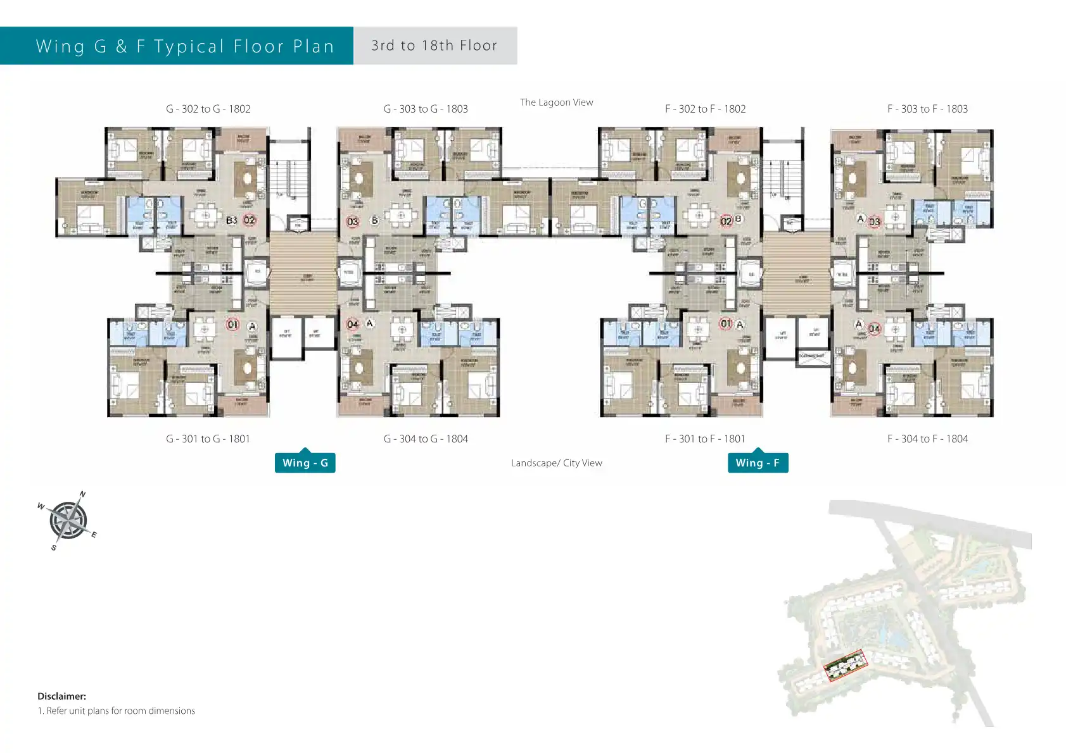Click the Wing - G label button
coord(305,463)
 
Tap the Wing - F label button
coord(758,463)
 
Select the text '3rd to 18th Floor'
coord(435,46)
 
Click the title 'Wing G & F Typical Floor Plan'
coord(185,46)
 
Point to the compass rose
coord(68,521)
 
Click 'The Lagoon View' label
coord(556,103)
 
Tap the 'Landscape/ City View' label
coord(556,463)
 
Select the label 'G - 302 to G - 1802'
coord(208,109)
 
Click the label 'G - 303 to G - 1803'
coord(426,109)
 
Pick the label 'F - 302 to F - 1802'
coord(705,109)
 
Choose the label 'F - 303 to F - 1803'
coord(927,109)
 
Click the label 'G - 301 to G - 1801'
coord(208,439)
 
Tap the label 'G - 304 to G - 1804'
coord(426,439)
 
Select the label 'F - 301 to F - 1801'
coord(705,439)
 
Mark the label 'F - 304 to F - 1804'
coord(927,439)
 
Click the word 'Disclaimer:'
coord(61,696)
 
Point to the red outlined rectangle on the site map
coord(845,665)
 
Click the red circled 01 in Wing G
coord(232,325)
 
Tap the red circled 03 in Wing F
coord(874,221)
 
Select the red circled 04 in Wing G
coord(353,325)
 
